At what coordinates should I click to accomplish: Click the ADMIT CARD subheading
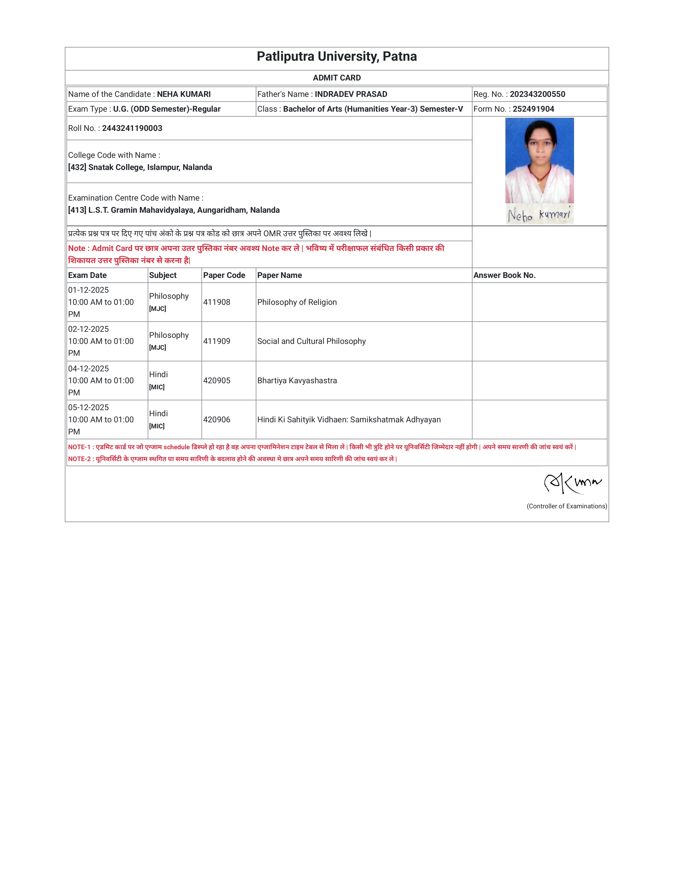pos(336,78)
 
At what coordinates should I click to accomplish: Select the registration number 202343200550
pos(537,94)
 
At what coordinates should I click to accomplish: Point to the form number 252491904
pos(533,109)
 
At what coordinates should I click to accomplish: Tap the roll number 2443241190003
pos(132,128)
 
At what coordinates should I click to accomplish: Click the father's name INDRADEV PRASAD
pos(351,94)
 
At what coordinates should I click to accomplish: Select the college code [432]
pos(77,167)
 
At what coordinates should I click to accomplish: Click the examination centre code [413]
pos(77,210)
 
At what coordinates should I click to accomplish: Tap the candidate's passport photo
pos(539,160)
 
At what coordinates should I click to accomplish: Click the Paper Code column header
pos(224,275)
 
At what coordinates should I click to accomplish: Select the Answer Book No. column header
pos(504,275)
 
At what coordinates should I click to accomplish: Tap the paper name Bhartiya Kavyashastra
pos(297,380)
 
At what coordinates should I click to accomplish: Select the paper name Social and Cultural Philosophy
pos(311,341)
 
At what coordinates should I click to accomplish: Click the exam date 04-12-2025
pos(88,368)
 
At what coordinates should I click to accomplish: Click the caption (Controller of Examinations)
pos(567,506)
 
